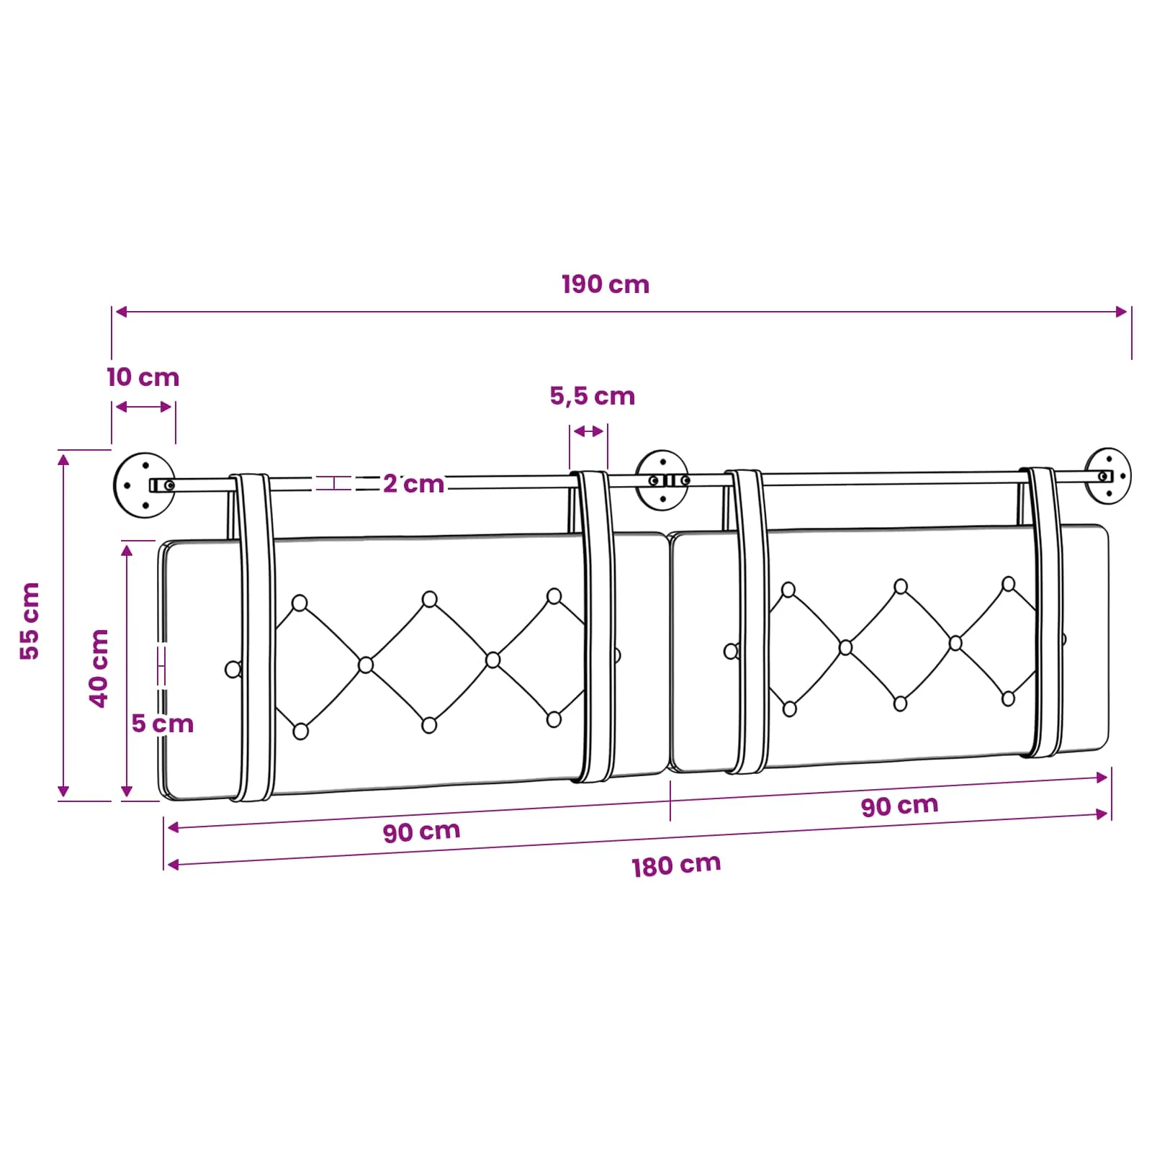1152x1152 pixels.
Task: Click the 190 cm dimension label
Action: tap(606, 284)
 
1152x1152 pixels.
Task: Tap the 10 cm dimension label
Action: tap(143, 377)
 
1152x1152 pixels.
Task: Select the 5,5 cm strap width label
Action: tap(593, 396)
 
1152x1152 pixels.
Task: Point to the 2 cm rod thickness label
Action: tap(413, 484)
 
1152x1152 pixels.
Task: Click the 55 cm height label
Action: tap(30, 621)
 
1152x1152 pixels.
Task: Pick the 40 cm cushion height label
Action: tap(99, 668)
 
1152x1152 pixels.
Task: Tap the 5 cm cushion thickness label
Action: tap(163, 724)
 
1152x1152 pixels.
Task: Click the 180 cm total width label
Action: tap(676, 865)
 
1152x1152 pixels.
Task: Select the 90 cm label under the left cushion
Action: tap(421, 832)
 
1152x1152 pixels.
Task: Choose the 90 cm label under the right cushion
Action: tap(900, 806)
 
